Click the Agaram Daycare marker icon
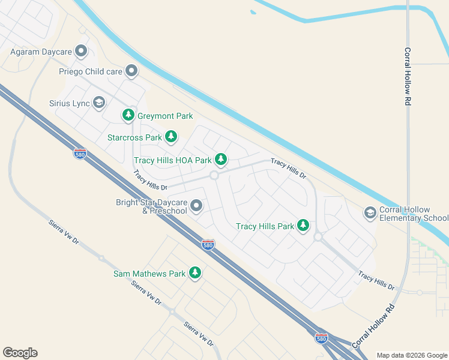(80, 52)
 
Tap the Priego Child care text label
(90, 71)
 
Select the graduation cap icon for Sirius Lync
(99, 103)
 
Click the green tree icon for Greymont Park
(128, 115)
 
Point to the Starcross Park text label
(134, 137)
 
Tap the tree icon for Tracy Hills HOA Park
(221, 160)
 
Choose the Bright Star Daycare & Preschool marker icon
(196, 207)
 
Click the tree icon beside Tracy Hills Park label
(304, 226)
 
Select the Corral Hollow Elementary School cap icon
(370, 212)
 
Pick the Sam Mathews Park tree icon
(194, 273)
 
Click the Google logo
(20, 353)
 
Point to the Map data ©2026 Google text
(412, 355)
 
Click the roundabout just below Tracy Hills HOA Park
(214, 175)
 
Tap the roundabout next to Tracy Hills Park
(318, 237)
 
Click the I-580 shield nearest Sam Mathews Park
(208, 244)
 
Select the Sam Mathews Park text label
(149, 274)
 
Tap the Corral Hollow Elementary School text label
(414, 214)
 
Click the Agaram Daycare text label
(41, 52)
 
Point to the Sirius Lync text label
(69, 103)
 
